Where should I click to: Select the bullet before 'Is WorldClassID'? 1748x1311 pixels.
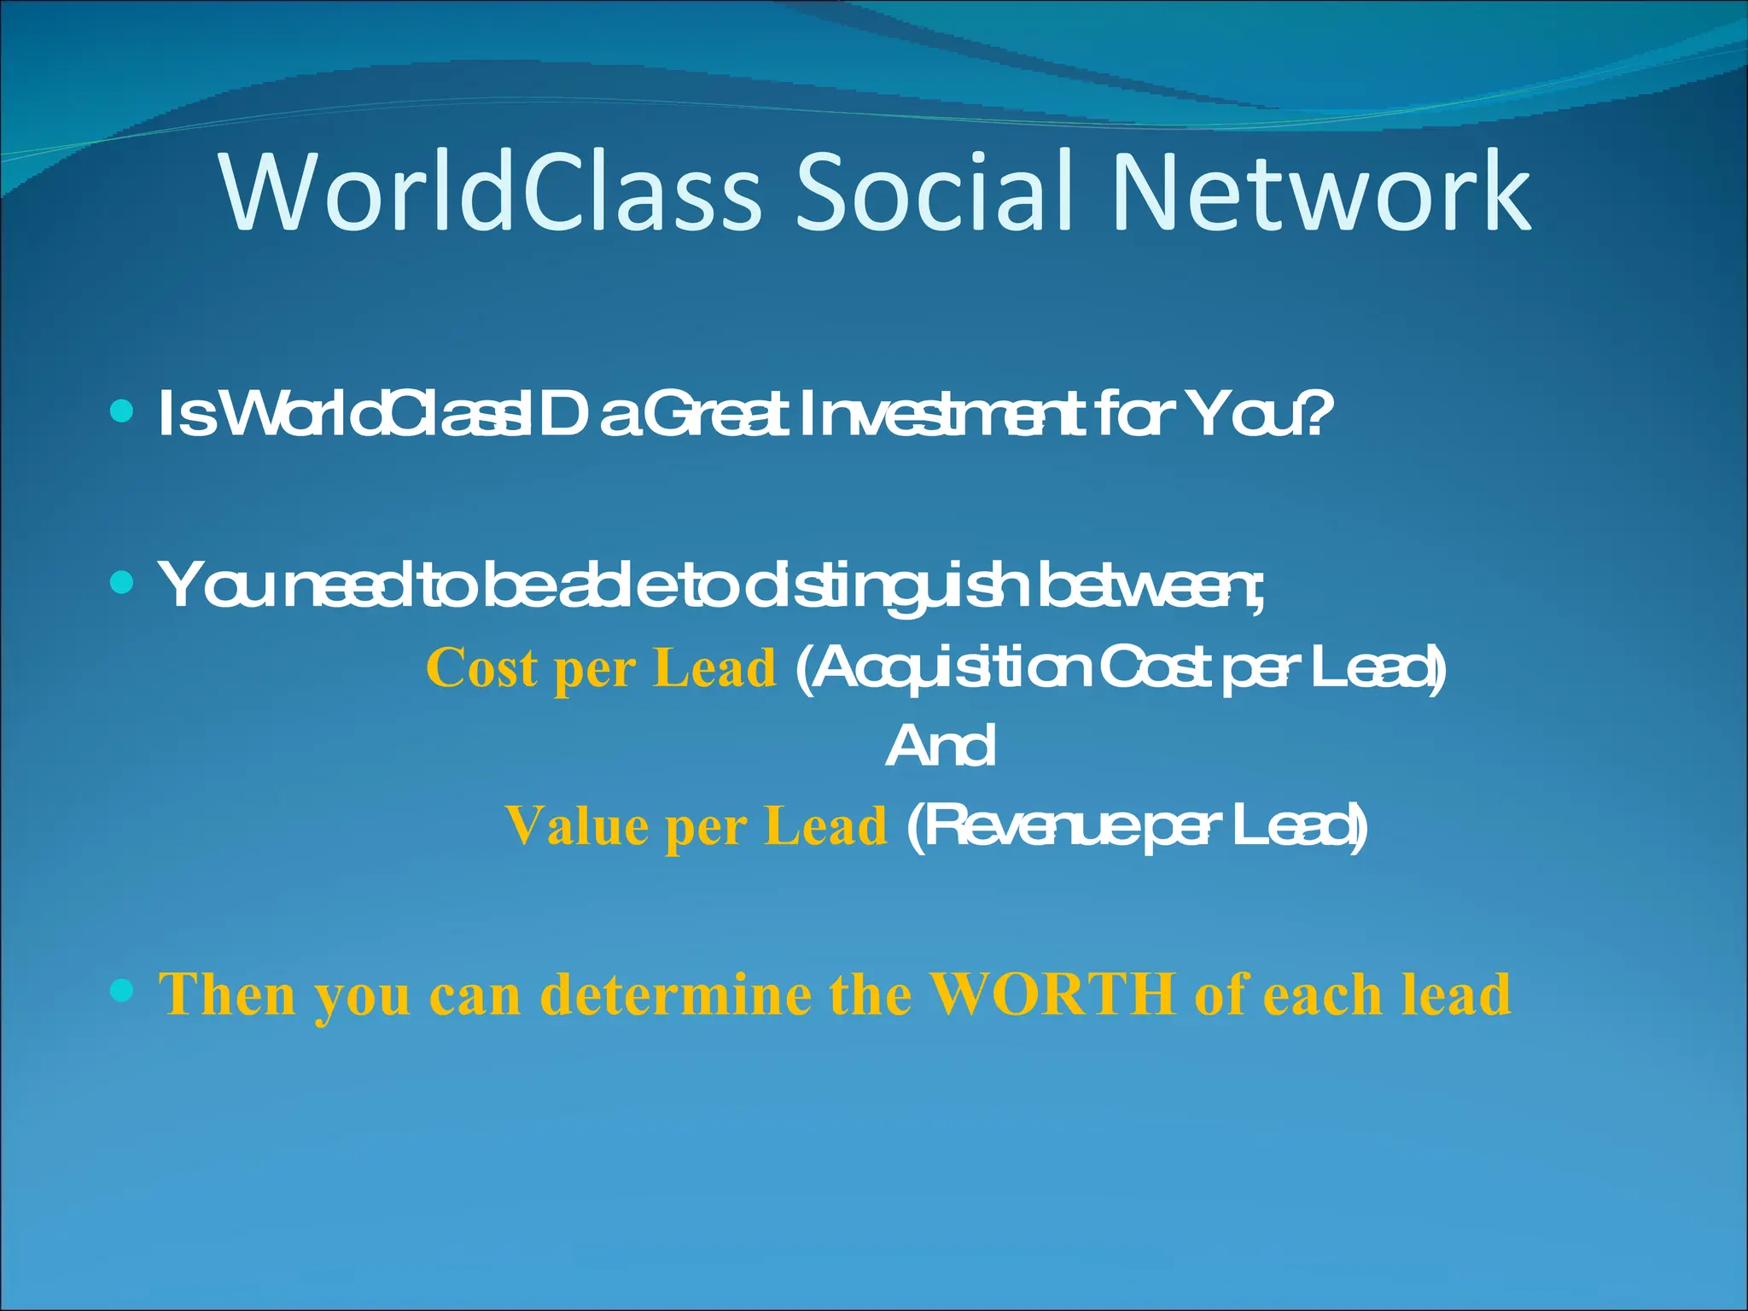click(122, 413)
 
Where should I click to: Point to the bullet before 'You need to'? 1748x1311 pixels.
click(122, 583)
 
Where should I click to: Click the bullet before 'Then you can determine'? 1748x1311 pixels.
click(122, 991)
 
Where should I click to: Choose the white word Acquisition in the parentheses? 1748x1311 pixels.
click(948, 670)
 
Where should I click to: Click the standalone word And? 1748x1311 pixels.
click(940, 747)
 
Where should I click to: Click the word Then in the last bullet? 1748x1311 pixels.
click(227, 994)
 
